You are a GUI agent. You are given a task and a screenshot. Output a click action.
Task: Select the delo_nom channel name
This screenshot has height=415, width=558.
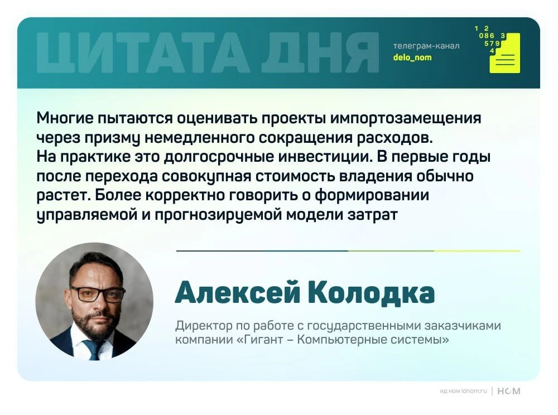(412, 57)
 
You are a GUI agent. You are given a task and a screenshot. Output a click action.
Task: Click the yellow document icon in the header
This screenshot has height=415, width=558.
(504, 52)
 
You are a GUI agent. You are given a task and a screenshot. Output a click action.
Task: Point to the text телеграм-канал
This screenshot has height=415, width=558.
(426, 46)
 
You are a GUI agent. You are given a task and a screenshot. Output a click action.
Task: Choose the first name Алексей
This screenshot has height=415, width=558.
(238, 292)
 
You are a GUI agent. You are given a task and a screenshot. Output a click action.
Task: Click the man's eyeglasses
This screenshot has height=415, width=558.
(98, 294)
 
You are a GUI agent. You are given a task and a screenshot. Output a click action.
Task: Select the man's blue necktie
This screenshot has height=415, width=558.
(93, 349)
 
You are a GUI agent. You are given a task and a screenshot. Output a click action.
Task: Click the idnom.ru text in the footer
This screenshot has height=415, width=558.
(474, 391)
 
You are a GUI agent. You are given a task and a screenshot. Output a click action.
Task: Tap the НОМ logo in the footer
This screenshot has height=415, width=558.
(509, 391)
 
